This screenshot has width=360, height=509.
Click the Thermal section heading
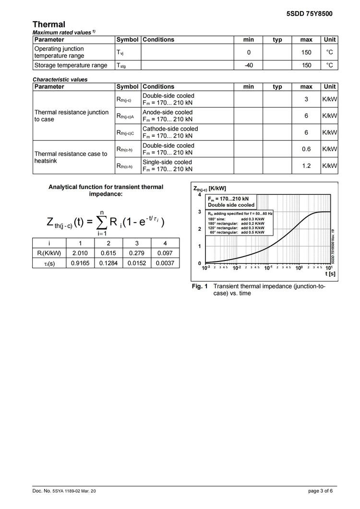point(49,24)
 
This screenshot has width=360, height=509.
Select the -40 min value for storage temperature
point(249,65)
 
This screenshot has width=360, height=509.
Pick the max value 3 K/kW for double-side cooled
point(306,99)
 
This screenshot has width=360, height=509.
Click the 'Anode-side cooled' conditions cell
point(168,116)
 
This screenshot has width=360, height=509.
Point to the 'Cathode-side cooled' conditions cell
point(170,132)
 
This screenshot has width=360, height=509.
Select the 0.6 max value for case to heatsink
point(306,149)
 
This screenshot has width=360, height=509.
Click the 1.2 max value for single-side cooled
point(306,166)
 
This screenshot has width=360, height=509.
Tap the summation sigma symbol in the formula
point(101,222)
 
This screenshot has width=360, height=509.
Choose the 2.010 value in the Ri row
point(80,253)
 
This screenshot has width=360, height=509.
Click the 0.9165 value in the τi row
point(80,263)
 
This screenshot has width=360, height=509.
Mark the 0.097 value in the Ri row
point(165,253)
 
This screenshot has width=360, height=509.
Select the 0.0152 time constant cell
point(137,263)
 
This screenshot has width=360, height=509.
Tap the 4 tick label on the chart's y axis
point(200,195)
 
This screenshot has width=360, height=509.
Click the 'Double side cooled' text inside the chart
point(231,205)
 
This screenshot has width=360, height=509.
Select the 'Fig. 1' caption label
point(200,286)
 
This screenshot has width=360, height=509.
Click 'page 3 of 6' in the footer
point(320,491)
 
